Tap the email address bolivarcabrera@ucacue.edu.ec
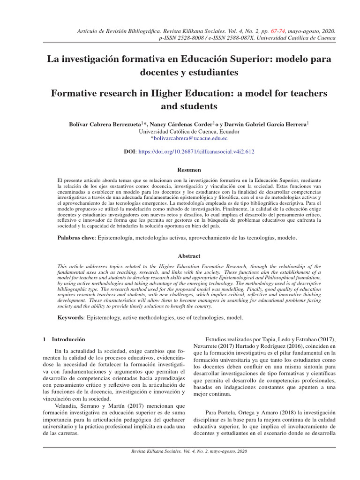(189, 139)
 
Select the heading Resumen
(189, 170)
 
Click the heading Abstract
(189, 256)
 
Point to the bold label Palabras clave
(76, 238)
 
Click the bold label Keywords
(70, 317)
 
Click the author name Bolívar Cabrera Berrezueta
(105, 124)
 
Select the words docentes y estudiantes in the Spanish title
(189, 73)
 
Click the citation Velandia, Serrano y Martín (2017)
(100, 405)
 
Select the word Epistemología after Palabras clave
(115, 238)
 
